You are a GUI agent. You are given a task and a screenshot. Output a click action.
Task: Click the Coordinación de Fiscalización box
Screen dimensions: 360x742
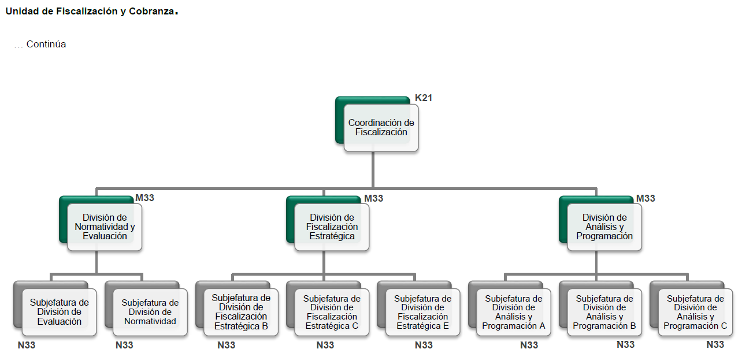coord(381,128)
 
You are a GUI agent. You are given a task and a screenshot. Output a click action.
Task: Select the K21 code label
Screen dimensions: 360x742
coord(424,98)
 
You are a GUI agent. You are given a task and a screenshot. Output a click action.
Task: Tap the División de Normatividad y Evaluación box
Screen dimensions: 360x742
coord(105,227)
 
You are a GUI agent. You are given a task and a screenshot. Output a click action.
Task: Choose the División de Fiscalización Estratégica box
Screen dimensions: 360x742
coord(332,227)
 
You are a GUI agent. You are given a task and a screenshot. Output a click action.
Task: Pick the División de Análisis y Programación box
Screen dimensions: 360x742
coord(604,227)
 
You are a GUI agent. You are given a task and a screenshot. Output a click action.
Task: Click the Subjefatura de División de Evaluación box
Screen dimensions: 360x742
coord(59,312)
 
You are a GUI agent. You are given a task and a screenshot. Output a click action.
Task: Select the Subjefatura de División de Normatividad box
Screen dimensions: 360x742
coord(150,312)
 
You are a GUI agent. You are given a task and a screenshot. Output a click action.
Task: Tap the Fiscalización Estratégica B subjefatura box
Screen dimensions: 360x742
coord(241,312)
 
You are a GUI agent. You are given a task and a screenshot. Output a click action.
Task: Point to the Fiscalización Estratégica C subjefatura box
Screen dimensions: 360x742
coord(332,312)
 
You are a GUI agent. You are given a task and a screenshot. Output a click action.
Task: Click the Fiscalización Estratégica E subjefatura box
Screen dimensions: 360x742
coord(422,312)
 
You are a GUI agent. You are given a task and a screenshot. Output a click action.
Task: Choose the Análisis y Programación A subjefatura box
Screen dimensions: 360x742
coord(514,312)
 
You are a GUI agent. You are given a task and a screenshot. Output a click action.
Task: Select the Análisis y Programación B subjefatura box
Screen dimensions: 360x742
coord(604,312)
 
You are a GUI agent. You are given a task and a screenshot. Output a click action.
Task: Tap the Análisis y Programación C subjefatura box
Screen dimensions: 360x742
coord(695,312)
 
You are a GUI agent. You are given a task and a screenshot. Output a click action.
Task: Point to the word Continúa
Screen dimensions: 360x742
coord(46,44)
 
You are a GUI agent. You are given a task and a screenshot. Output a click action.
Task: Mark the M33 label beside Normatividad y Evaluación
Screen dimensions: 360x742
coord(145,198)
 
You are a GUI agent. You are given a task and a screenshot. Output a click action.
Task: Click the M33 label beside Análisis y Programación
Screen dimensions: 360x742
coord(646,198)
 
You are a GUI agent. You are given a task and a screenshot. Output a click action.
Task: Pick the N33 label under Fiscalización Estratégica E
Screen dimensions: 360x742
coord(424,346)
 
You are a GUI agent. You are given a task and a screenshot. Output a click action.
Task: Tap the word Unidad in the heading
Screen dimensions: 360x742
coord(21,12)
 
